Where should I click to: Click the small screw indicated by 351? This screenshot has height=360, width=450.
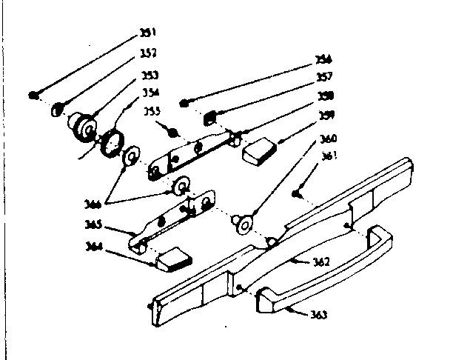(33, 94)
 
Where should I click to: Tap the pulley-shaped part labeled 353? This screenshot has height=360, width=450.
(83, 127)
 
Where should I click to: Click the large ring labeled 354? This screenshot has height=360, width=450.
(112, 141)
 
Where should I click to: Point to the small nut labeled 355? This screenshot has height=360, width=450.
(172, 133)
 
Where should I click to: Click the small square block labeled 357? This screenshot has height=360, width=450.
(209, 117)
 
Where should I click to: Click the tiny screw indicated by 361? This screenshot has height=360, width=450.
(296, 193)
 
